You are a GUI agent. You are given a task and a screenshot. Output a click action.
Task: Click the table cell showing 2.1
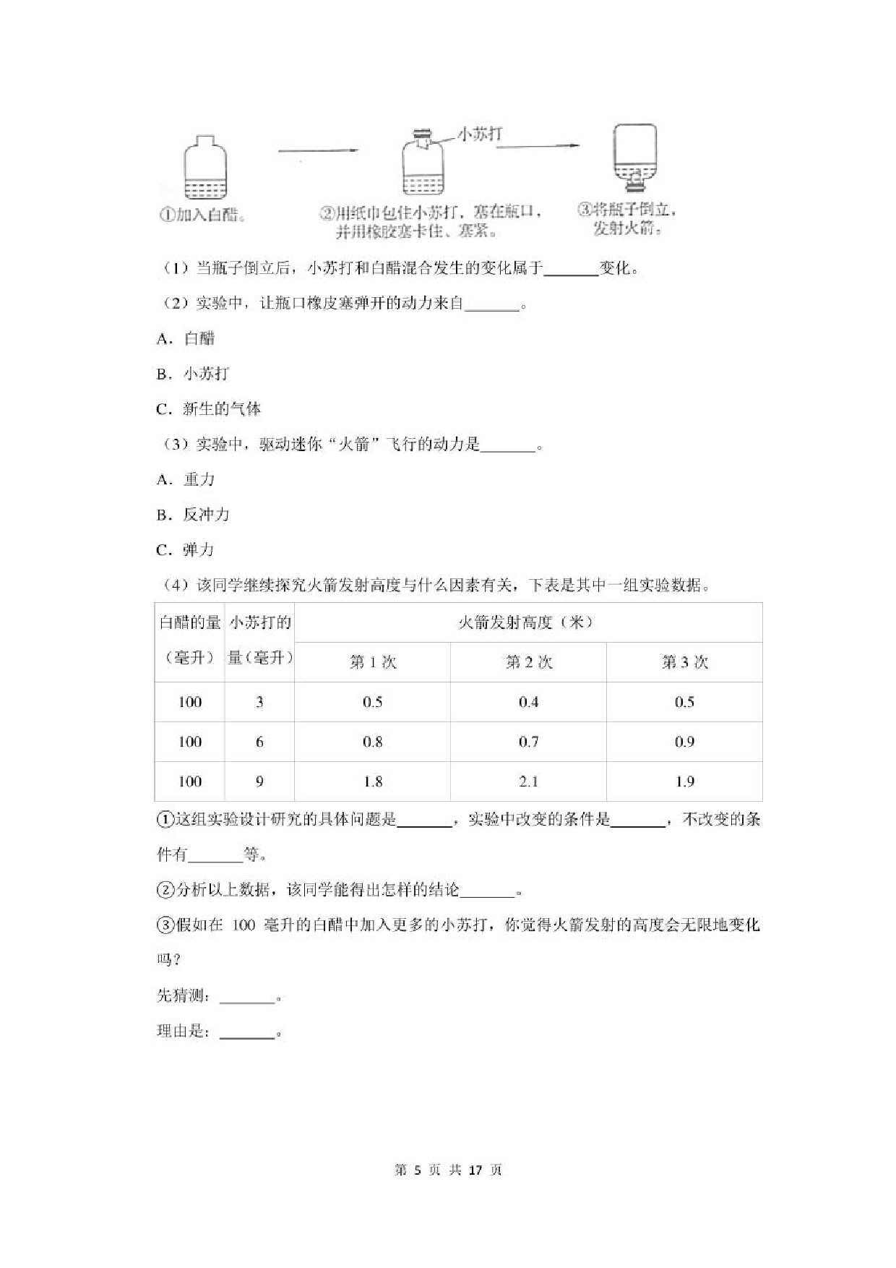tap(528, 781)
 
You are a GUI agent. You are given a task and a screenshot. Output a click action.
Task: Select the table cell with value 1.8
tap(372, 781)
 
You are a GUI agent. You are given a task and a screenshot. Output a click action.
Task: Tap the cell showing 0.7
tap(528, 742)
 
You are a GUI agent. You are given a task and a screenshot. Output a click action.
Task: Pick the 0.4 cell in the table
tap(528, 702)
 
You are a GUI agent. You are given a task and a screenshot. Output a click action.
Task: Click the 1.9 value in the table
tap(684, 781)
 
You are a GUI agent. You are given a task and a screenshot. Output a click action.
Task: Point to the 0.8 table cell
tap(372, 742)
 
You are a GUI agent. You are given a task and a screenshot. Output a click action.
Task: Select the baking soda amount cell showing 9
tap(259, 781)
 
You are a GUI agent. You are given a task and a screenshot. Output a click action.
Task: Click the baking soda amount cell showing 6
tap(259, 742)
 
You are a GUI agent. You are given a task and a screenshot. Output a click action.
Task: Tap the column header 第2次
tap(528, 662)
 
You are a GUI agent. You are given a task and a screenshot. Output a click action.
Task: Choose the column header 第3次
tap(684, 662)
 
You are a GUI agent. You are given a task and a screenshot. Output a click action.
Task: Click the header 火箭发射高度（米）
tap(527, 622)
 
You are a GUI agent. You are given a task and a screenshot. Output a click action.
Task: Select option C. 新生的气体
tap(209, 409)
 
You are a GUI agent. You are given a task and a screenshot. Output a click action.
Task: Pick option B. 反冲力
tap(193, 515)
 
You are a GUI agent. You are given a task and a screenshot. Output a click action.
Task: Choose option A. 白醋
tap(186, 338)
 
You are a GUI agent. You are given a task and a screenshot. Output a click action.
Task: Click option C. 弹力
tap(186, 550)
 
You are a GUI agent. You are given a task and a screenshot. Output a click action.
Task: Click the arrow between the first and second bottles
tap(318, 150)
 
